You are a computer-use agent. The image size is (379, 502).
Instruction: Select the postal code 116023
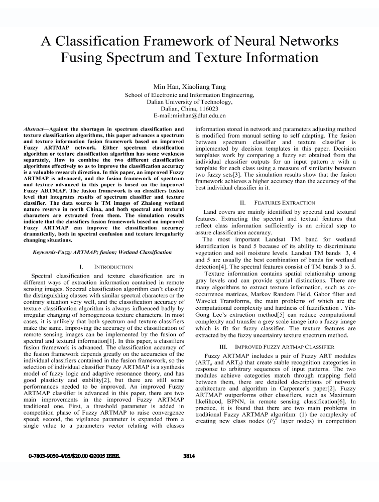coord(208,108)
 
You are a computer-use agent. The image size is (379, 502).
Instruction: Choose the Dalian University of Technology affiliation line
coord(189,101)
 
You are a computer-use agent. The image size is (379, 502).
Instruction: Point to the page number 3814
coord(189,456)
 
